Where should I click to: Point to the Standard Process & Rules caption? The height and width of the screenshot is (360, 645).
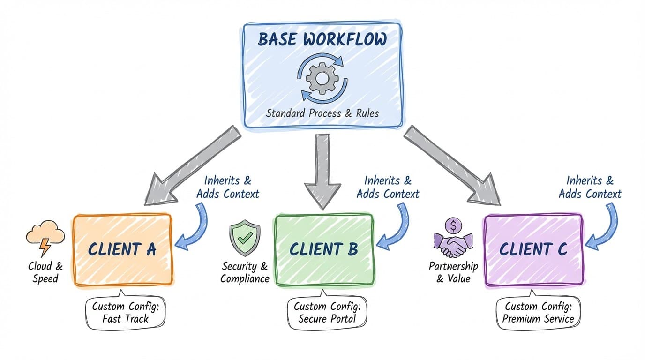pyautogui.click(x=322, y=113)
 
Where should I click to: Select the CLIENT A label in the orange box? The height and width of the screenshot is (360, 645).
pyautogui.click(x=122, y=249)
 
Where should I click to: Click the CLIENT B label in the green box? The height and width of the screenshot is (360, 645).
pyautogui.click(x=323, y=249)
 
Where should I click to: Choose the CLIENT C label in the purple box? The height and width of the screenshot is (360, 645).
pyautogui.click(x=533, y=249)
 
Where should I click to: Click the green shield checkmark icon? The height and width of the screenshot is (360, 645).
pyautogui.click(x=244, y=239)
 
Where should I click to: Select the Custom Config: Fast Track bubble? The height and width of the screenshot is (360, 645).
pyautogui.click(x=125, y=313)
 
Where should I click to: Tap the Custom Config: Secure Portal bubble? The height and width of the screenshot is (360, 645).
pyautogui.click(x=327, y=313)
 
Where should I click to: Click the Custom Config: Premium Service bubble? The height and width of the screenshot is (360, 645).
pyautogui.click(x=538, y=313)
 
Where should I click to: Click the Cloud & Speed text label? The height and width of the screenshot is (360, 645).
pyautogui.click(x=45, y=272)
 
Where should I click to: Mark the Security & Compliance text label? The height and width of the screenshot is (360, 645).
pyautogui.click(x=245, y=272)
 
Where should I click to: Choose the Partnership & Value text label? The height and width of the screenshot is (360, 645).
pyautogui.click(x=453, y=272)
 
